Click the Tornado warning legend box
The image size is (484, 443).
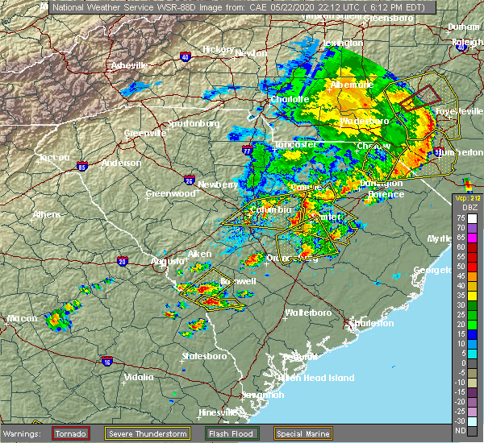71,434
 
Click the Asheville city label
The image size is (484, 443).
130,64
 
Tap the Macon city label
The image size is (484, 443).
22,319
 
